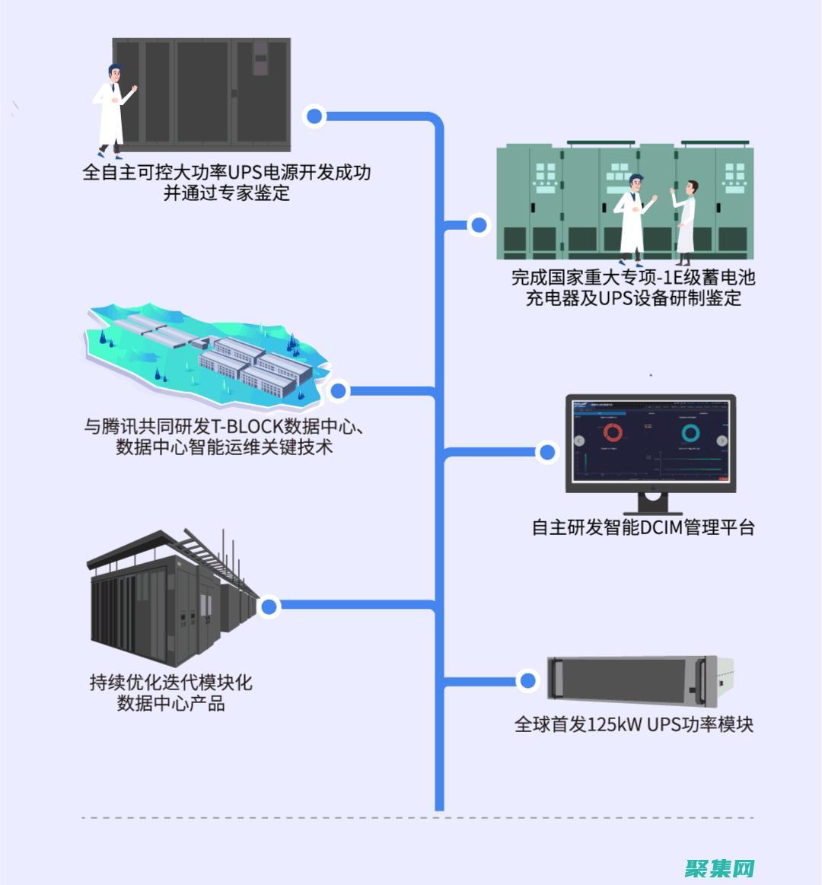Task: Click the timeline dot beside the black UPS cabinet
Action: point(314,116)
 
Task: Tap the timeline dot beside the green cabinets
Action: point(479,225)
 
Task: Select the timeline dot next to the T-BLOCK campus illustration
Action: point(339,391)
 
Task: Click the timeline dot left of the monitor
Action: point(546,452)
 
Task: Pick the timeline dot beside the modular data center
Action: point(269,606)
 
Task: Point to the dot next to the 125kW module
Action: point(527,680)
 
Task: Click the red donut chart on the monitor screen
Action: point(613,433)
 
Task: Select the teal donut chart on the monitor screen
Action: point(690,433)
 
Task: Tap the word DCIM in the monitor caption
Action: point(661,527)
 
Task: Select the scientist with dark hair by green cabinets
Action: point(685,223)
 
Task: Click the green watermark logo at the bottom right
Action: point(719,867)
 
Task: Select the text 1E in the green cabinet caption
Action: point(674,278)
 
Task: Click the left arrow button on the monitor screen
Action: point(579,441)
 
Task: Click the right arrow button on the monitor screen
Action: point(722,441)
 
